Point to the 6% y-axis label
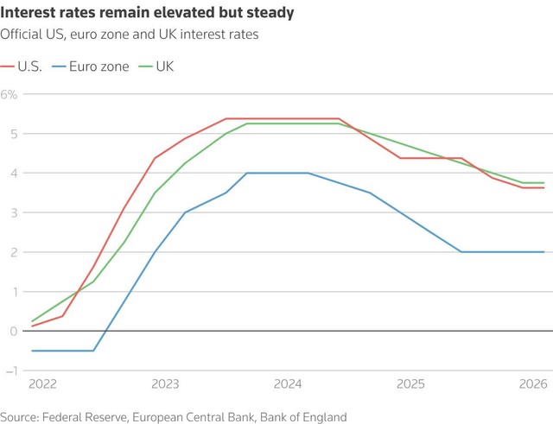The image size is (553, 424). point(10,93)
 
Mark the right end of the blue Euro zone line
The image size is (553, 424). point(543,252)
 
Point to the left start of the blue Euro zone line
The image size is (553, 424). point(32,351)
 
